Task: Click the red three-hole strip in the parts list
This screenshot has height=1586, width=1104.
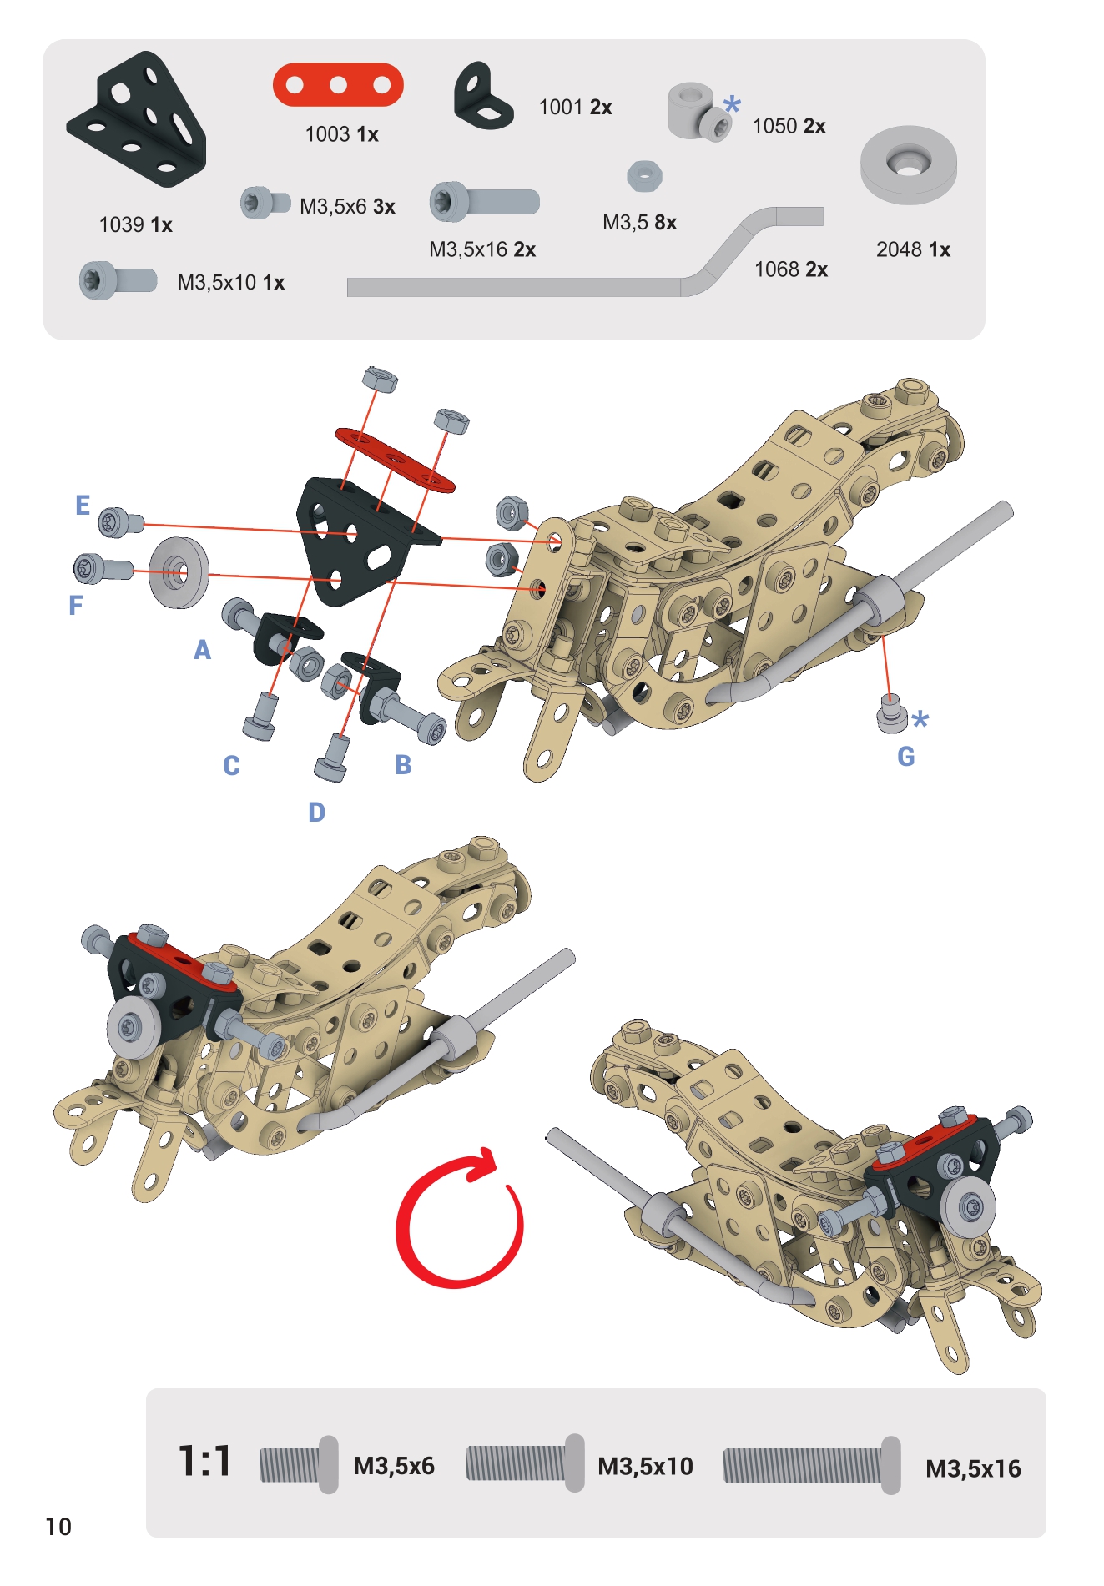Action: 338,85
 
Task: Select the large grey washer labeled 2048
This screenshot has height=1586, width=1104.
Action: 909,165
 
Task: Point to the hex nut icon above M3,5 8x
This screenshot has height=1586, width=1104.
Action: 644,176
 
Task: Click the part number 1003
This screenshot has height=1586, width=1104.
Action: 327,134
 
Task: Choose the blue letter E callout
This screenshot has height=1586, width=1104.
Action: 83,506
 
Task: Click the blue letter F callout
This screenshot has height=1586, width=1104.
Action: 76,605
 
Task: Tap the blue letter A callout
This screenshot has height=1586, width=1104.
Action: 202,650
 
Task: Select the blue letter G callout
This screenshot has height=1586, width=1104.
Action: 906,757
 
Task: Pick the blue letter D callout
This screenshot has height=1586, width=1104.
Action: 316,812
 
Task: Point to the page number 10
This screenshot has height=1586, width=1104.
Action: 58,1527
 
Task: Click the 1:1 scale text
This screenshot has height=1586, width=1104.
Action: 204,1463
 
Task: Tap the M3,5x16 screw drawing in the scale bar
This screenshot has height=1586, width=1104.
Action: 812,1465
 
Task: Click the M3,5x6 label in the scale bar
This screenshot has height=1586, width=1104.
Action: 394,1466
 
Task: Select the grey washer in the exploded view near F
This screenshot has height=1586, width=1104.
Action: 179,572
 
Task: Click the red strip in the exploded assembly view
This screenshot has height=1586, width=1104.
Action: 395,460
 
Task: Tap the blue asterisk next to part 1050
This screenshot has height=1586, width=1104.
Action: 732,105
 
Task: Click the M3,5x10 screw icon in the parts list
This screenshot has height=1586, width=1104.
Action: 118,281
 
